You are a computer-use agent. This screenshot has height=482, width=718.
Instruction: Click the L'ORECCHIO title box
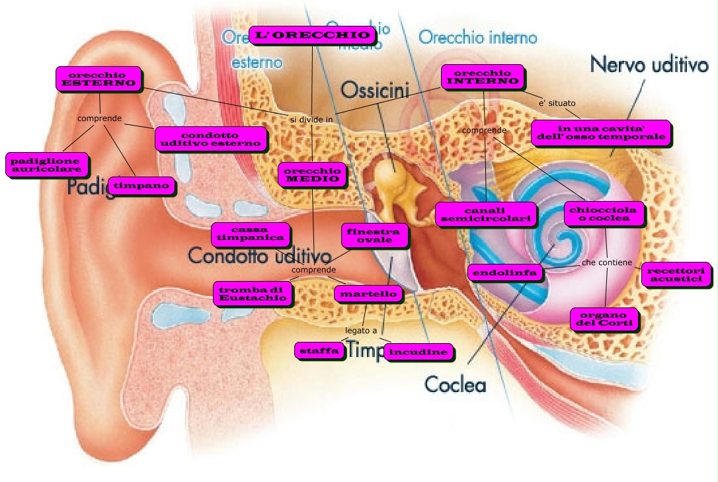click(x=311, y=35)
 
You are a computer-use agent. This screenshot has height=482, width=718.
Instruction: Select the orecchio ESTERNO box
click(x=99, y=78)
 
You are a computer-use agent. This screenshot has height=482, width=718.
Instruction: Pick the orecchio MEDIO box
click(x=312, y=174)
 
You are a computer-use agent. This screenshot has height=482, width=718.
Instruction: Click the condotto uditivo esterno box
click(x=211, y=139)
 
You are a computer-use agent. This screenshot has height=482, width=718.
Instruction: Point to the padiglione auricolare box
click(x=46, y=165)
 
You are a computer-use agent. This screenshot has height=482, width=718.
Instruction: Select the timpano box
click(x=142, y=186)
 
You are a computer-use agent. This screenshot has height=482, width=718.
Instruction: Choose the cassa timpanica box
click(x=250, y=233)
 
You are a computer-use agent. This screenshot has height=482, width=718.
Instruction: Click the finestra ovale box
click(x=374, y=235)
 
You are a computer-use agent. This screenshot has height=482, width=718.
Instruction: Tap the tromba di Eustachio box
click(x=253, y=294)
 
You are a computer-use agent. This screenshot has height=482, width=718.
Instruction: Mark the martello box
click(x=367, y=293)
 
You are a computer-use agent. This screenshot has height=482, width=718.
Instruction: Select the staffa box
click(x=319, y=350)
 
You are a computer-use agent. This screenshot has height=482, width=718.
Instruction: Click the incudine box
click(x=418, y=352)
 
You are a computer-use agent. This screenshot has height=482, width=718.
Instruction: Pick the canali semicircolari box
click(x=485, y=214)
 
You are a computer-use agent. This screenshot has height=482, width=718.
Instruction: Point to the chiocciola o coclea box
click(x=603, y=213)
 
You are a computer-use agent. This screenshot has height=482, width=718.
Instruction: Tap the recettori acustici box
click(x=676, y=275)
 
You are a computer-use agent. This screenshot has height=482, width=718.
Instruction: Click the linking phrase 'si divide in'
click(x=311, y=119)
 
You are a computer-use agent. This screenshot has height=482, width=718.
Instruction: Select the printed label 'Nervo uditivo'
click(x=649, y=64)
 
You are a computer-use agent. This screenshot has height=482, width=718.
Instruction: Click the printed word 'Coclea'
click(x=455, y=383)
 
